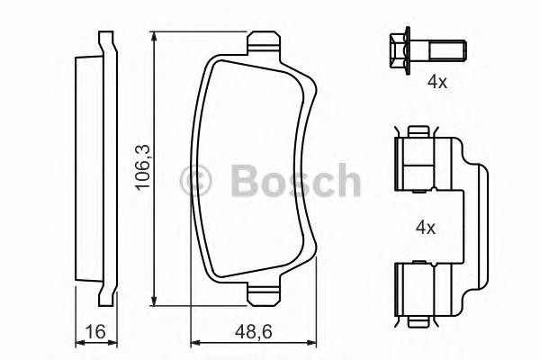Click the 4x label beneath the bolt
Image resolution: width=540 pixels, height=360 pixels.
(x=436, y=82)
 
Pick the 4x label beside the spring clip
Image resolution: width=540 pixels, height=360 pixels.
(x=426, y=229)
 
